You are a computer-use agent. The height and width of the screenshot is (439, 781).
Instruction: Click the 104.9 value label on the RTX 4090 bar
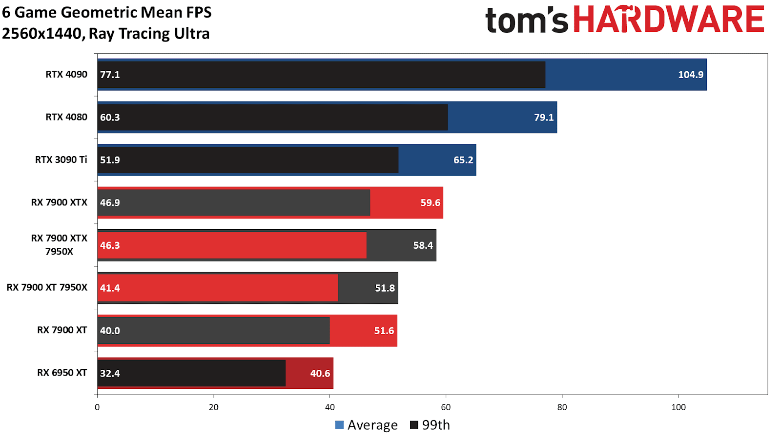tap(690, 75)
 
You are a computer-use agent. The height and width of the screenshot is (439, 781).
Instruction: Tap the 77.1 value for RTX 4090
tap(110, 75)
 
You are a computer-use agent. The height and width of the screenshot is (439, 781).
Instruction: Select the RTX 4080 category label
tap(66, 117)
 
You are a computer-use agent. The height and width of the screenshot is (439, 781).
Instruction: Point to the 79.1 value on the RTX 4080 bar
tap(544, 118)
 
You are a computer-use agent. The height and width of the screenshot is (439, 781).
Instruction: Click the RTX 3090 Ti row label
tap(61, 160)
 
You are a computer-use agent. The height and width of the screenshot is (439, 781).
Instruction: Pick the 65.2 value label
tap(463, 160)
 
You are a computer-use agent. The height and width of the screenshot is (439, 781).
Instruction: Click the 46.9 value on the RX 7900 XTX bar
tap(110, 203)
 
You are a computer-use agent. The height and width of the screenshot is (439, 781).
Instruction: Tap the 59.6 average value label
tap(430, 203)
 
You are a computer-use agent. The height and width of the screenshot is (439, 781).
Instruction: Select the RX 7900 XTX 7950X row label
tap(59, 245)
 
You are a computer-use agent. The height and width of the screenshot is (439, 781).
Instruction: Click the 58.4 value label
tap(423, 245)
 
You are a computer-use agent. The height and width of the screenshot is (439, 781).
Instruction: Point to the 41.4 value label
tap(110, 288)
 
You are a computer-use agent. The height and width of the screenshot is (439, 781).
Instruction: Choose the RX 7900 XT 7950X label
tap(47, 288)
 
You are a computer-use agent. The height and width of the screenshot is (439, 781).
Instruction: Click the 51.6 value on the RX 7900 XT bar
tap(384, 331)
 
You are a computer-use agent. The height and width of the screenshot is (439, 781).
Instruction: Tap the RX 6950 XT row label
tap(62, 373)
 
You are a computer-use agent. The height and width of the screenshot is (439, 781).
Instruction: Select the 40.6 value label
tap(320, 374)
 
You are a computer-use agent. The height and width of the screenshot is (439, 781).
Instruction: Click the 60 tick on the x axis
tap(446, 407)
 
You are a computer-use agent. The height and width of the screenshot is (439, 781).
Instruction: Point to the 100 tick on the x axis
tap(678, 407)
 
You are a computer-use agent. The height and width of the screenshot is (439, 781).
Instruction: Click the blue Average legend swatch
tap(339, 425)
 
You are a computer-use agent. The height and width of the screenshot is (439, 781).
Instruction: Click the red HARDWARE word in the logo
tap(668, 20)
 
